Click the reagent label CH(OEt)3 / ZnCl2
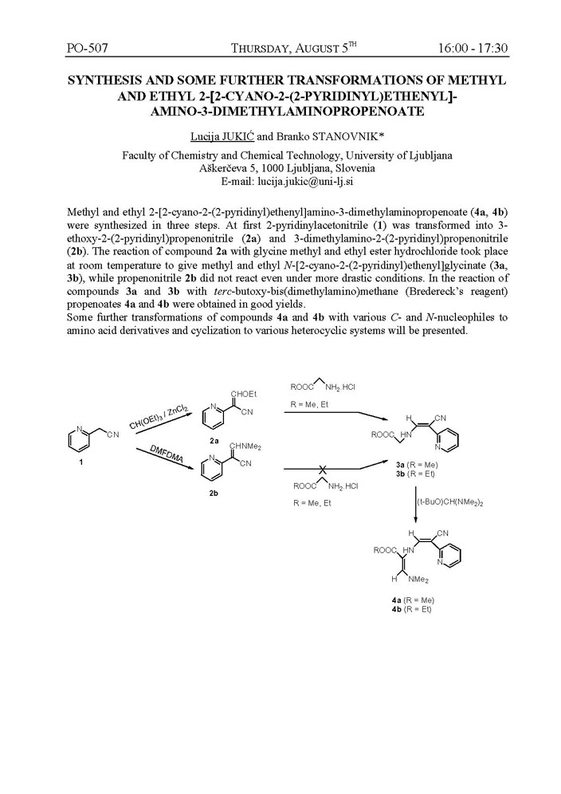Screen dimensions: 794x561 pyautogui.click(x=159, y=419)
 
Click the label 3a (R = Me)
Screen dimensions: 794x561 pyautogui.click(x=422, y=464)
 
